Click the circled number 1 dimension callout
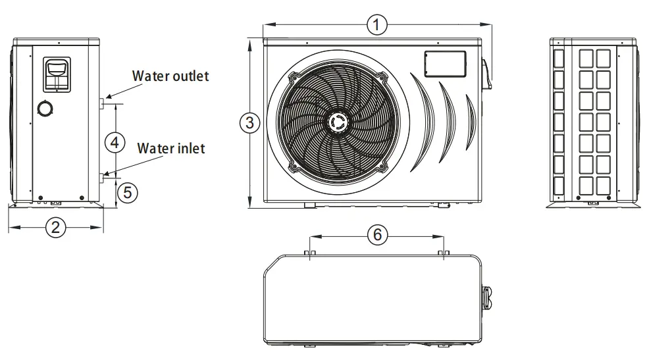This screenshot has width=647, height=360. (x=376, y=25)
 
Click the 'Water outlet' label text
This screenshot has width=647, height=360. (x=170, y=76)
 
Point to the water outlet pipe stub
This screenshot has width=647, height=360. (x=103, y=103)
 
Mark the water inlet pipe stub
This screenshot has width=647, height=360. (x=103, y=176)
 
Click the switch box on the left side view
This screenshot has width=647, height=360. (x=56, y=73)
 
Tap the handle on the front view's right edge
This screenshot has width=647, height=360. (x=486, y=74)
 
